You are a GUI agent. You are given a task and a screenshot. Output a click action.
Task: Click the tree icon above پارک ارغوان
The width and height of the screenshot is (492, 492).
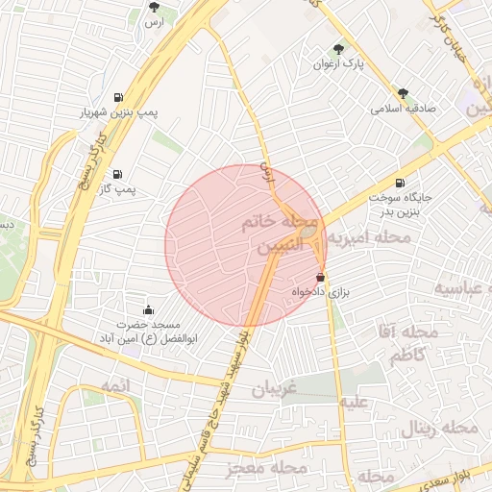click(337, 49)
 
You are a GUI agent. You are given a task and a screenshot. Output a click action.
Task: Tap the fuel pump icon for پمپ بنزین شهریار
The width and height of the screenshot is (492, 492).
click(118, 96)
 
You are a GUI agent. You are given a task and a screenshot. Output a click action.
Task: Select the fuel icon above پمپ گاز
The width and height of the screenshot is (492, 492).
click(118, 174)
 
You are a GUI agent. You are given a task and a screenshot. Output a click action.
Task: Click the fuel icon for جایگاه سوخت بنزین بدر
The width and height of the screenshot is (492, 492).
click(399, 183)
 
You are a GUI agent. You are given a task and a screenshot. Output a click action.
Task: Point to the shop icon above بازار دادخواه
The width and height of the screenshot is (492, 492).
click(333, 275)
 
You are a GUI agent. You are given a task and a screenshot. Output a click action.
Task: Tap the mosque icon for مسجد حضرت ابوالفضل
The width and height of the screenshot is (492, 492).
click(148, 309)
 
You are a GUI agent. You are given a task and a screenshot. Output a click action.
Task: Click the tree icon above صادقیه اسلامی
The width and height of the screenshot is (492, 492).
click(402, 93)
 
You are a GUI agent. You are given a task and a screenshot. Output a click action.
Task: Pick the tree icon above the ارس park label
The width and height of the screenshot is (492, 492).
click(154, 7)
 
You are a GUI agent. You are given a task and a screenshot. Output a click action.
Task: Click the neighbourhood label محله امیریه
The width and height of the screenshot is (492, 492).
click(369, 235)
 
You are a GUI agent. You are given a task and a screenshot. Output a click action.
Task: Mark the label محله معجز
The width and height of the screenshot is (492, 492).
click(265, 468)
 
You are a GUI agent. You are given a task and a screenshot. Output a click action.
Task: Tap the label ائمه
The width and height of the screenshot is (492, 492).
click(139, 384)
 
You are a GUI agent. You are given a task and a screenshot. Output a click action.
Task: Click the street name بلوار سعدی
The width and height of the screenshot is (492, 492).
click(466, 476)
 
